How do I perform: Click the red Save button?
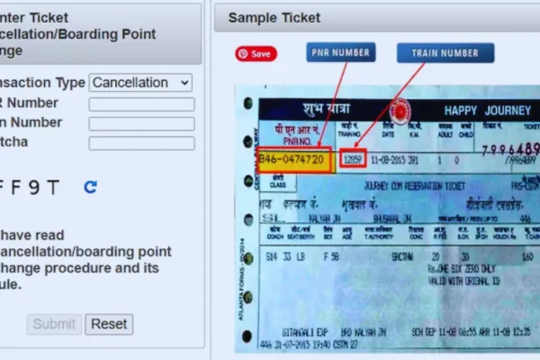pos(256,53)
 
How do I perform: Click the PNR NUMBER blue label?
pos(340,52)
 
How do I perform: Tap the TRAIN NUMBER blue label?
pos(445,52)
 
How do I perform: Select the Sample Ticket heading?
pos(274,17)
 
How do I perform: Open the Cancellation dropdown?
pos(141,83)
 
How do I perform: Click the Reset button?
pos(109,324)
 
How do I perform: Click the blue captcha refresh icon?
pos(90,187)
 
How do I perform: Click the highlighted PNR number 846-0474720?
pos(293,159)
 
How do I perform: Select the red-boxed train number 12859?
pos(353,159)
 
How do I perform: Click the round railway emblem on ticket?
pos(400,111)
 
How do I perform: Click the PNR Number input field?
pos(141,103)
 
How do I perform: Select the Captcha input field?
pos(141,143)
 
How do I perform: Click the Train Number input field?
pos(141,123)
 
